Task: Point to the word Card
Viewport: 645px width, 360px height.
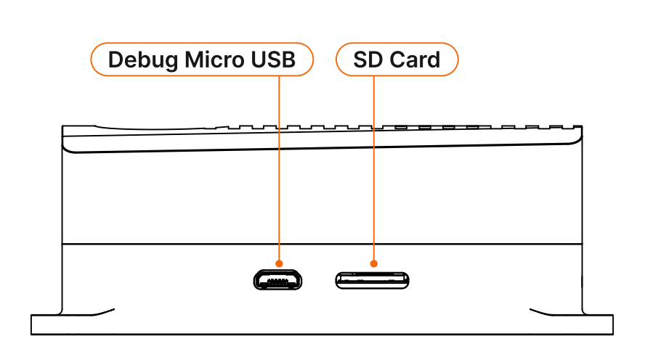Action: coord(414,60)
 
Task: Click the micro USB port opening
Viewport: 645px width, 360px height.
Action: coord(278,279)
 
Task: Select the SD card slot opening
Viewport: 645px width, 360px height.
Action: coord(373,279)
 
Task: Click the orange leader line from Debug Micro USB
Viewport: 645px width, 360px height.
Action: coord(279,167)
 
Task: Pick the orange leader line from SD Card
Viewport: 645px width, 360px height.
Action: coord(374,167)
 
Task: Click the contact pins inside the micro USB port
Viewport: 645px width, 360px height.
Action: coord(278,278)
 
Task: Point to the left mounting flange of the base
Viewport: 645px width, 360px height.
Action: coord(46,324)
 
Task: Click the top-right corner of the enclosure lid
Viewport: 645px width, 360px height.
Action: coord(580,128)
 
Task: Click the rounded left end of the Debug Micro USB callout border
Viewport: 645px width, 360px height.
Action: coord(93,60)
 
